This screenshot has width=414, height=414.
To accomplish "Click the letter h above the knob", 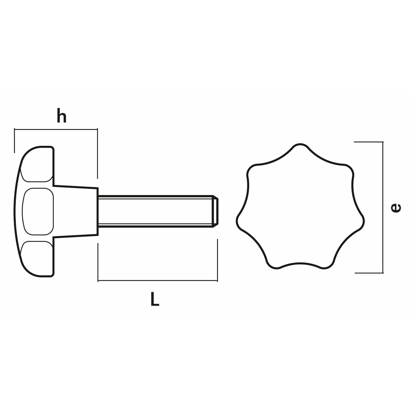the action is click(61, 115).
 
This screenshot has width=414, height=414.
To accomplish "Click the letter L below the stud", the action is click(155, 299).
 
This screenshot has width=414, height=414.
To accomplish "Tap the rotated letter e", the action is click(395, 208).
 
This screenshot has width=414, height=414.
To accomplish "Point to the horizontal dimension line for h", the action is click(56, 129).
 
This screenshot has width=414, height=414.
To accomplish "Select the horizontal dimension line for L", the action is click(158, 280).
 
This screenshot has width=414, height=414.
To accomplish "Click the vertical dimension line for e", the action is click(383, 207).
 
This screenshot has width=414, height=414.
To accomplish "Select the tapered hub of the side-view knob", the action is click(76, 211).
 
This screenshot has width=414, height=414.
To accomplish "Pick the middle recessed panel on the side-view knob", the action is click(38, 211).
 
